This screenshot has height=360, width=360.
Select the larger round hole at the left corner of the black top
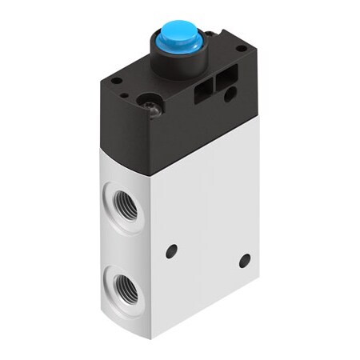[x=117, y=81]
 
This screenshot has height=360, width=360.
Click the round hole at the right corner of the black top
[x=241, y=51]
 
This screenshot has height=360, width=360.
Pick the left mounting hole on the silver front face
[x=171, y=251]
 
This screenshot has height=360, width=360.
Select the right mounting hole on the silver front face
[x=245, y=259]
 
